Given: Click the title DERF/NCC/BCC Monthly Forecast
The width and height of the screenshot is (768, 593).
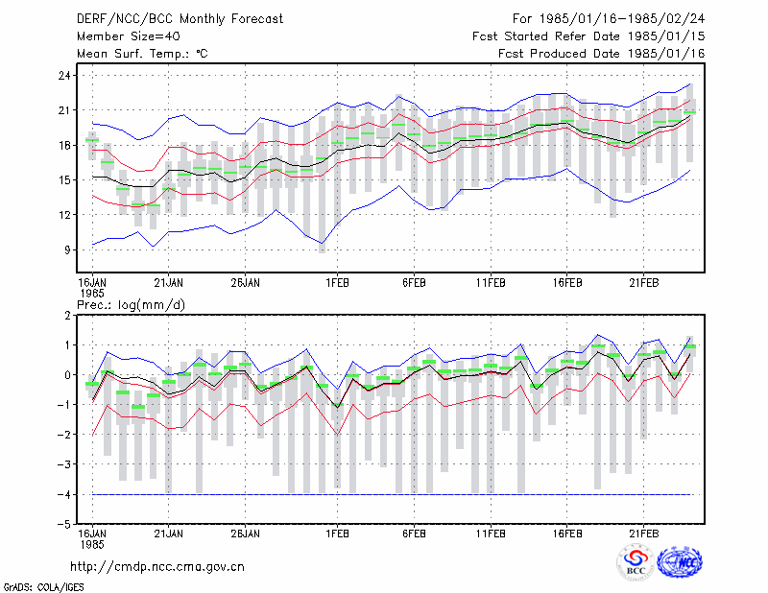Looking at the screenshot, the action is click(180, 19).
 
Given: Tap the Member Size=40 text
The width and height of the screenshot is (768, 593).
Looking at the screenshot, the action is click(129, 36).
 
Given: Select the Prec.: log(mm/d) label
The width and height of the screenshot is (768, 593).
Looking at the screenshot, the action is click(131, 305).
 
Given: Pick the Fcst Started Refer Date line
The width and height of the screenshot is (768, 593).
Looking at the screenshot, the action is click(588, 36).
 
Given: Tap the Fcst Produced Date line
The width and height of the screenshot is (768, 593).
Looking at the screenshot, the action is click(602, 54).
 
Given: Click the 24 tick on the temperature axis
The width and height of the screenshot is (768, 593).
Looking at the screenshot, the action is click(64, 76).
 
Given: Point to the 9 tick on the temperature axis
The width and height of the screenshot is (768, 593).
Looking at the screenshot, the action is click(67, 249).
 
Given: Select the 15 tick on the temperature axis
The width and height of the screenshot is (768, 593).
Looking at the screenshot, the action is click(64, 180).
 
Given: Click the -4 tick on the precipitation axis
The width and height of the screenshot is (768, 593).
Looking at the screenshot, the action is click(63, 494).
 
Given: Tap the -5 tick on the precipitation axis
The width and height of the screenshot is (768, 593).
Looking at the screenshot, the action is click(63, 524).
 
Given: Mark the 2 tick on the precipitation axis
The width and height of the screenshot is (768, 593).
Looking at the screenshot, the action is click(67, 316).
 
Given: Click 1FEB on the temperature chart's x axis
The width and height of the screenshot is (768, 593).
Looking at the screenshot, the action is click(338, 283).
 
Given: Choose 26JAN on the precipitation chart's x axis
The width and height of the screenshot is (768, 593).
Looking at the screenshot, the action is click(245, 534).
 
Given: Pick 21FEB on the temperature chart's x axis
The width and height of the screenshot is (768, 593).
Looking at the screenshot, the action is click(644, 283).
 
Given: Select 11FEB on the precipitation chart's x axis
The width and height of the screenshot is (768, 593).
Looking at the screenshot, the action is click(491, 534).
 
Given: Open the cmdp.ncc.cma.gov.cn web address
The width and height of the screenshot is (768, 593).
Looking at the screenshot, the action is click(157, 567).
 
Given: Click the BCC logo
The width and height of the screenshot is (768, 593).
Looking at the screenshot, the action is click(636, 563).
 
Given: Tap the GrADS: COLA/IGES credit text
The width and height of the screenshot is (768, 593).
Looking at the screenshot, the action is click(43, 587).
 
